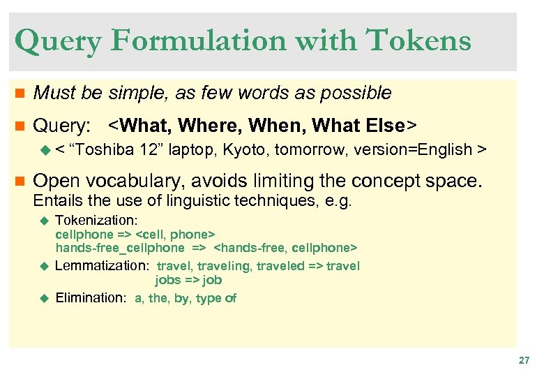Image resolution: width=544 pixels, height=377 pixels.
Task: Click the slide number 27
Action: click(524, 360)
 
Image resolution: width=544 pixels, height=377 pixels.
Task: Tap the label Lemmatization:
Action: click(102, 266)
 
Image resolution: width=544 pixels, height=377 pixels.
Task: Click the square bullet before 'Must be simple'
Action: click(19, 93)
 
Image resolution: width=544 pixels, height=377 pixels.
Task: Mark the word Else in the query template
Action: click(384, 126)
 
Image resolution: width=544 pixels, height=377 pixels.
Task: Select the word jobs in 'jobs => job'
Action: click(167, 279)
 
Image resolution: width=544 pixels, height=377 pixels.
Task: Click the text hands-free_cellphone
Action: click(120, 247)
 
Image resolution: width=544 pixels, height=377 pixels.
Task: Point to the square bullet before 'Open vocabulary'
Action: click(19, 182)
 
